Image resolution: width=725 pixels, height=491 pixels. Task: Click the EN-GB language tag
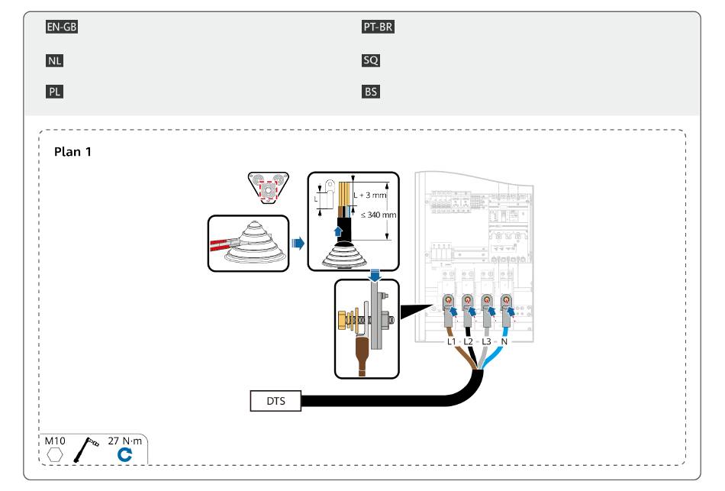point(62,27)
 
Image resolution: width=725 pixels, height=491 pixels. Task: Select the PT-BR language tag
point(378,27)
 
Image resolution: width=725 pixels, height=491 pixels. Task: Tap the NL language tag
point(54,60)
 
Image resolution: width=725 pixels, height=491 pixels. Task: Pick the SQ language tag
point(371,60)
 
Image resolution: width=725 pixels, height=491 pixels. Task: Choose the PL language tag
point(54,92)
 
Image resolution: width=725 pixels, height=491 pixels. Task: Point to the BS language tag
point(371,92)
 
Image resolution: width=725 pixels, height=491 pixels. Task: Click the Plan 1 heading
point(72,152)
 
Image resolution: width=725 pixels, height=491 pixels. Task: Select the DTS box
point(275,401)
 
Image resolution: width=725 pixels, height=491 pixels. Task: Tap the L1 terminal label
point(451,341)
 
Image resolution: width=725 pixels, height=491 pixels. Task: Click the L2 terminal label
point(469,341)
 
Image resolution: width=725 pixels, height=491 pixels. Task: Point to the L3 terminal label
point(486,341)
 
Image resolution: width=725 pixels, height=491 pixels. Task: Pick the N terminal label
point(504,341)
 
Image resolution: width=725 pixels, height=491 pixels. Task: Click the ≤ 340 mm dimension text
point(379,215)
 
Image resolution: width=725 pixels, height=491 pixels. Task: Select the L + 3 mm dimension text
point(370,195)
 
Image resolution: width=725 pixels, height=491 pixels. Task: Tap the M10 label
point(54,441)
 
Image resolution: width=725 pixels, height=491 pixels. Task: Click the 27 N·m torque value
point(125,441)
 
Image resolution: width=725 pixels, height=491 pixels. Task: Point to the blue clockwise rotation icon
point(124,455)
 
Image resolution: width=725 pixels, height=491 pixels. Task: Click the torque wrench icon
point(85,450)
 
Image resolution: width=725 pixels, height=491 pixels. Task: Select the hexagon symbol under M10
point(54,455)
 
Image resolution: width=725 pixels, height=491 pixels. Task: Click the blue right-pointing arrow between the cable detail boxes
point(298,243)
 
